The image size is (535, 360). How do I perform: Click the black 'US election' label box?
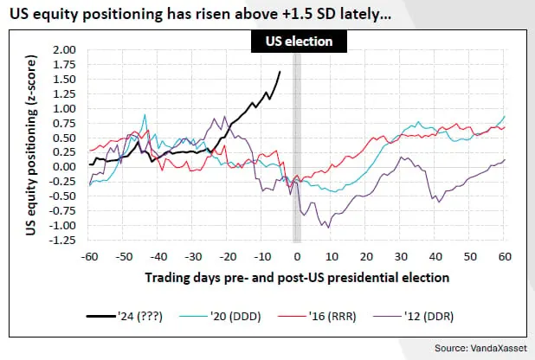(297, 41)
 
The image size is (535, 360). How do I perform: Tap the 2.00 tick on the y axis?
(65, 49)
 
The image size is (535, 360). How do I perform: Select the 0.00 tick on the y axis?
(65, 167)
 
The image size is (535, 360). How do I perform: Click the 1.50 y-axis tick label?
(65, 80)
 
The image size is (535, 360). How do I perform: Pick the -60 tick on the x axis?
(88, 257)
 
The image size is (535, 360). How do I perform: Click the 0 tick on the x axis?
(297, 257)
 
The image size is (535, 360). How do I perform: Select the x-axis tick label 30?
(402, 257)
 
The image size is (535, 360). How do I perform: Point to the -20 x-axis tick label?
(227, 257)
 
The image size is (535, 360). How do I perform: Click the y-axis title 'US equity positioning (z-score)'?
(32, 145)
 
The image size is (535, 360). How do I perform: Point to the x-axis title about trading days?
(297, 277)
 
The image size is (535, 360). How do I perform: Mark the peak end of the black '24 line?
(280, 72)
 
